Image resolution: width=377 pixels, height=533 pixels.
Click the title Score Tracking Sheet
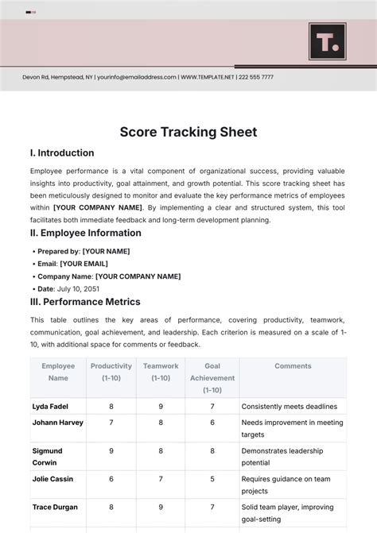pyautogui.click(x=188, y=132)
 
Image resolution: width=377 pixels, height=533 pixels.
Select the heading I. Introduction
pyautogui.click(x=62, y=153)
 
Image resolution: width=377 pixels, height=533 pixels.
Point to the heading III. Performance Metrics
pyautogui.click(x=85, y=302)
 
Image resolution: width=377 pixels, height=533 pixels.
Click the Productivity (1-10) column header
pyautogui.click(x=111, y=372)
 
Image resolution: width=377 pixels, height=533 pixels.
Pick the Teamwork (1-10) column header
pyautogui.click(x=161, y=372)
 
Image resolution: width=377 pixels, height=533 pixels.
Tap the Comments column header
pyautogui.click(x=293, y=366)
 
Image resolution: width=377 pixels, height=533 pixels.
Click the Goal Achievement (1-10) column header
pyautogui.click(x=212, y=378)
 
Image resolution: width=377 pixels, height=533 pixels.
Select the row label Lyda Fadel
pyautogui.click(x=50, y=406)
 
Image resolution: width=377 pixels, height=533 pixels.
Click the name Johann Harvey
pyautogui.click(x=57, y=423)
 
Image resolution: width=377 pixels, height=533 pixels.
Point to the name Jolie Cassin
pyautogui.click(x=52, y=479)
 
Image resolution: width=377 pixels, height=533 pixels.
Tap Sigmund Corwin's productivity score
pyautogui.click(x=111, y=450)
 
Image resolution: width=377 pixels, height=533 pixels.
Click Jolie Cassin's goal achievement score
pyautogui.click(x=212, y=479)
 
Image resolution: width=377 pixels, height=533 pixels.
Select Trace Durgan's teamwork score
pyautogui.click(x=161, y=507)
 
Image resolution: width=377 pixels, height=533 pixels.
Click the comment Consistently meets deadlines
pyautogui.click(x=290, y=406)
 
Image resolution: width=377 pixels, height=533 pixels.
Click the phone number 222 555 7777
pyautogui.click(x=256, y=77)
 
